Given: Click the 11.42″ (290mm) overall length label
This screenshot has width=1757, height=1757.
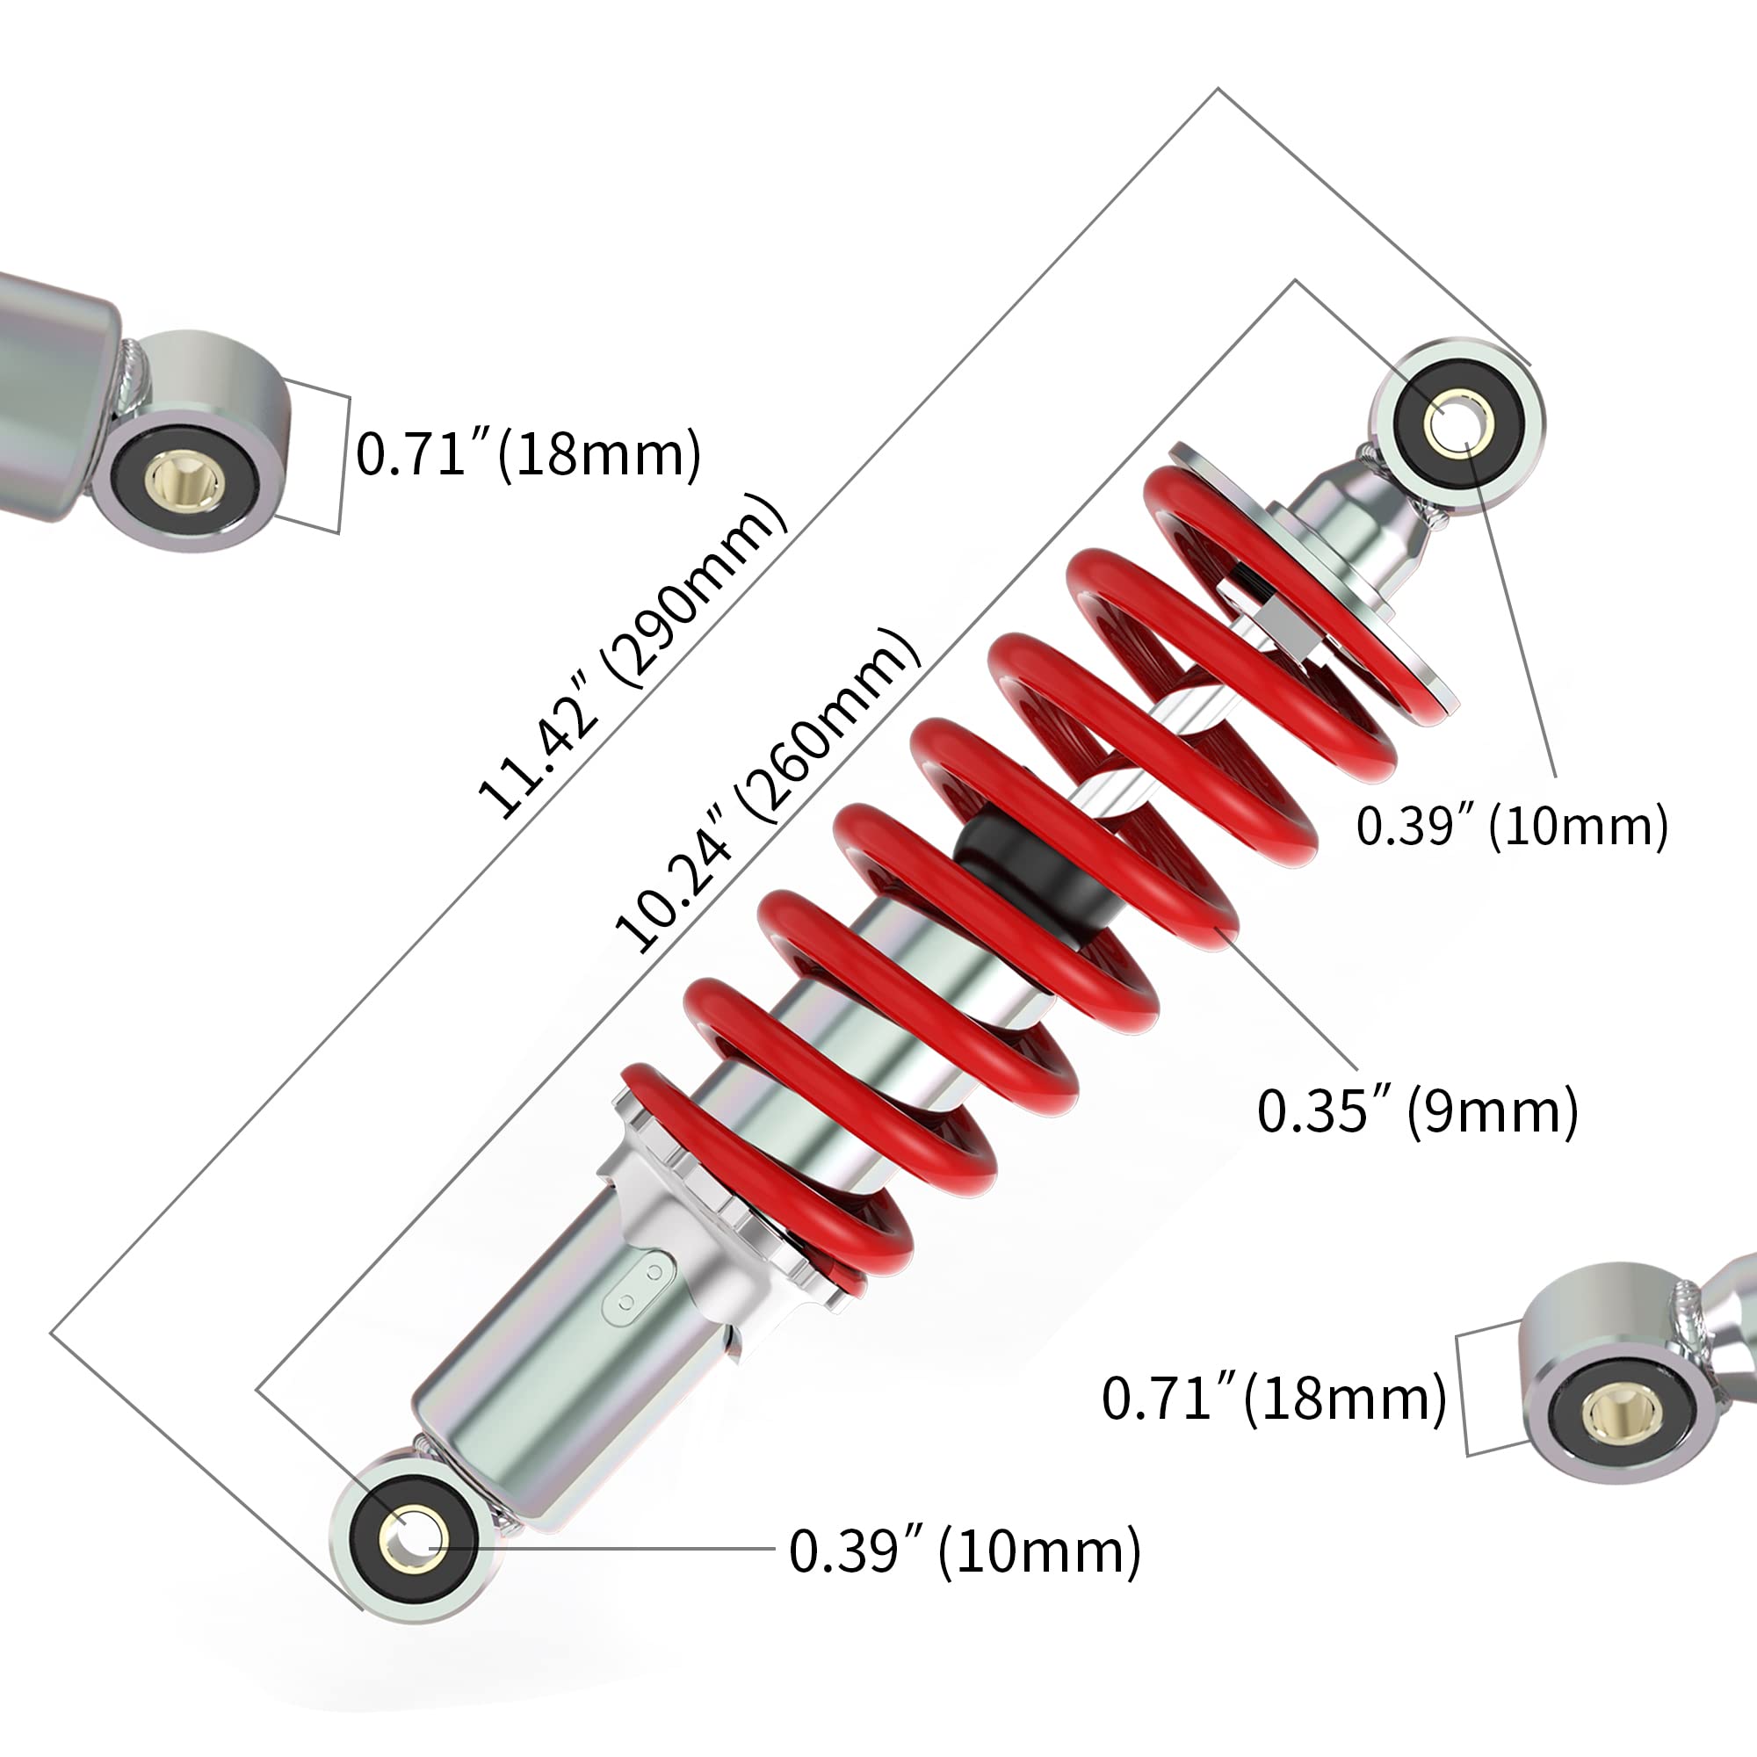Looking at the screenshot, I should click(630, 655).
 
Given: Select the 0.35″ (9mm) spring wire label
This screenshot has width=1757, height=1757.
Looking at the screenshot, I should click(1417, 1111).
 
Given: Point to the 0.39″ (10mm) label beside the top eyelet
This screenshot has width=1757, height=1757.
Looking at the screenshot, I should click(1511, 827).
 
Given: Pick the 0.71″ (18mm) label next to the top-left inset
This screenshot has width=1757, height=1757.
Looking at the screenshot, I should click(527, 454).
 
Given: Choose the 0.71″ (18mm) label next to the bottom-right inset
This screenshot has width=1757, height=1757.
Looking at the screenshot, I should click(1273, 1398).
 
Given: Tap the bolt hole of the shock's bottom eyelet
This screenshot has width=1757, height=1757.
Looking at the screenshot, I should click(414, 1544).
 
